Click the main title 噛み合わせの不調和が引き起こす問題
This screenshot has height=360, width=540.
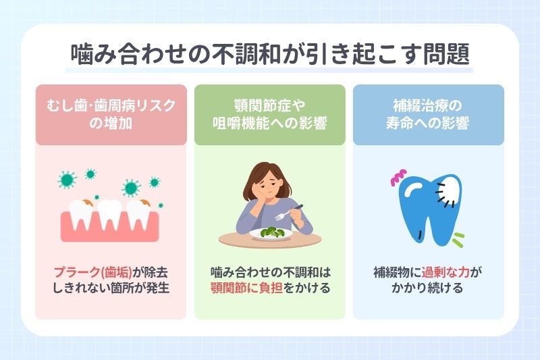(270, 53)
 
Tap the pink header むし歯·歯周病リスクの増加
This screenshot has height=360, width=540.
(111, 115)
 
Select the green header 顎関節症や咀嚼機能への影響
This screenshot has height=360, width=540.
(269, 115)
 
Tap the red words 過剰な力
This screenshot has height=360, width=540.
(446, 274)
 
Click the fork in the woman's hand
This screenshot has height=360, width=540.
(292, 211)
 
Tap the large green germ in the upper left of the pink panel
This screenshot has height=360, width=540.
(67, 180)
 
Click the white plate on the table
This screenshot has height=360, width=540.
(270, 234)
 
